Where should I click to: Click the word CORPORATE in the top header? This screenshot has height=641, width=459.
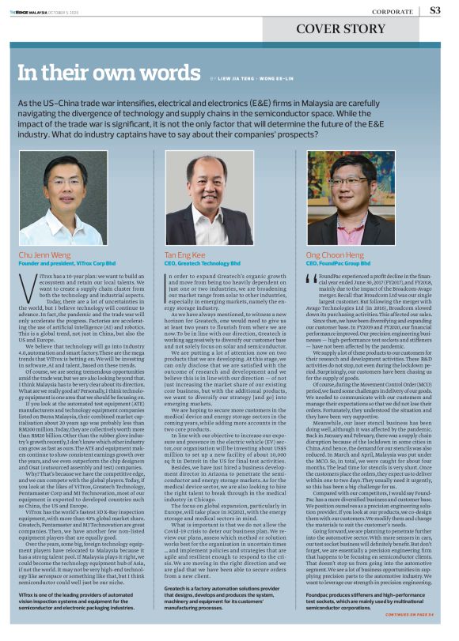click(392, 12)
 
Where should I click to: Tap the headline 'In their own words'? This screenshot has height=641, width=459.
click(109, 74)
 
